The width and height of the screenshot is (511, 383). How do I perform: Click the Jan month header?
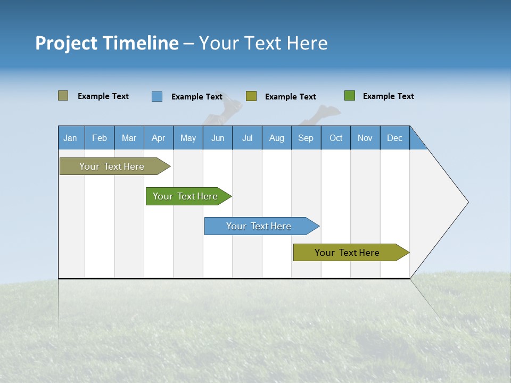70,138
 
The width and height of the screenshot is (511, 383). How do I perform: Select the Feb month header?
100,138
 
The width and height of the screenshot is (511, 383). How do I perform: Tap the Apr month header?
159,138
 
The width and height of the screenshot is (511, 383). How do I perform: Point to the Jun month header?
218,138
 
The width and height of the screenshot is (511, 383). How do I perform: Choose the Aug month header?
277,138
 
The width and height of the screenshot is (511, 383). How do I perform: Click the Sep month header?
306,138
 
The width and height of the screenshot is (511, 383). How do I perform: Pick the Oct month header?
336,138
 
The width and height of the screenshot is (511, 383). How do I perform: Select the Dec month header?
395,138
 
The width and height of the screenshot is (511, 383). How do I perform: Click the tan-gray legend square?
63,96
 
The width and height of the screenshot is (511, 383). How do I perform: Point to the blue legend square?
157,96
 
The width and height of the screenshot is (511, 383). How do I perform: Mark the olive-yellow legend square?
251,96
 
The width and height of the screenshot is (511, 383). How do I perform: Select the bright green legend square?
350,96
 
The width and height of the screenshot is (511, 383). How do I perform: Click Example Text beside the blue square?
197,97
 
